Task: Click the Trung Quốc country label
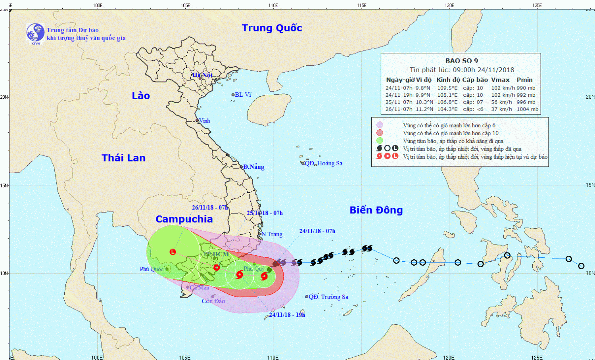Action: (272, 28)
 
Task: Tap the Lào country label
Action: (141, 96)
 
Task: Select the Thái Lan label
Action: (123, 158)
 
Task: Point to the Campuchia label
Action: (184, 219)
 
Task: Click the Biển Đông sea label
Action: (376, 210)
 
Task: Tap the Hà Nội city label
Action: (203, 75)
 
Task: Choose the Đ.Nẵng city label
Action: (254, 167)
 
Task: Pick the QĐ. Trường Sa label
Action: (328, 297)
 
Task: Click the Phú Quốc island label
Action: (152, 269)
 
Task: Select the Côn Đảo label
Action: (213, 301)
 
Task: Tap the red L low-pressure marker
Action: (173, 252)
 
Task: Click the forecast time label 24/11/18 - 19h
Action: (287, 315)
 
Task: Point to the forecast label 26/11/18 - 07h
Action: (209, 208)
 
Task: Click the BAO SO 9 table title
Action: (461, 61)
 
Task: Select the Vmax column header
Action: (500, 80)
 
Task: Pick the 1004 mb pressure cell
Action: (528, 109)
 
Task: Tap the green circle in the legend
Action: (380, 141)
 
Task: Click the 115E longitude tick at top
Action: (361, 5)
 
